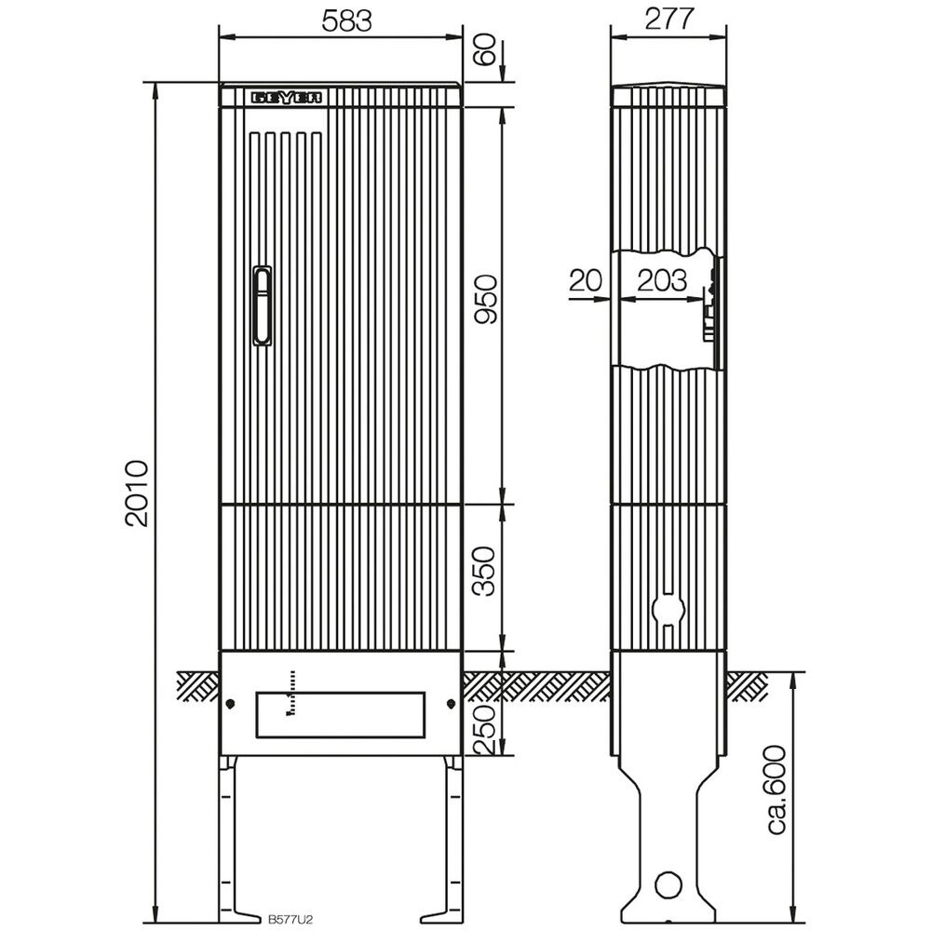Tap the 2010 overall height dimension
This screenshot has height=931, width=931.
pyautogui.click(x=138, y=493)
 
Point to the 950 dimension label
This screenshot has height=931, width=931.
pyautogui.click(x=488, y=301)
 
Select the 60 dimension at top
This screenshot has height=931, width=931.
pyautogui.click(x=485, y=48)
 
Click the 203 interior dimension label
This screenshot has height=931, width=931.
pyautogui.click(x=662, y=279)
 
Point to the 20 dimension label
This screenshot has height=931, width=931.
pyautogui.click(x=586, y=279)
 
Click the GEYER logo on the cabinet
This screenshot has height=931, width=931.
pyautogui.click(x=288, y=97)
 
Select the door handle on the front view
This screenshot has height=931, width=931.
pyautogui.click(x=263, y=306)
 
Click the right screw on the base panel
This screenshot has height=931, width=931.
pyautogui.click(x=451, y=703)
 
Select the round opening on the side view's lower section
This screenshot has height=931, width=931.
pyautogui.click(x=667, y=607)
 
